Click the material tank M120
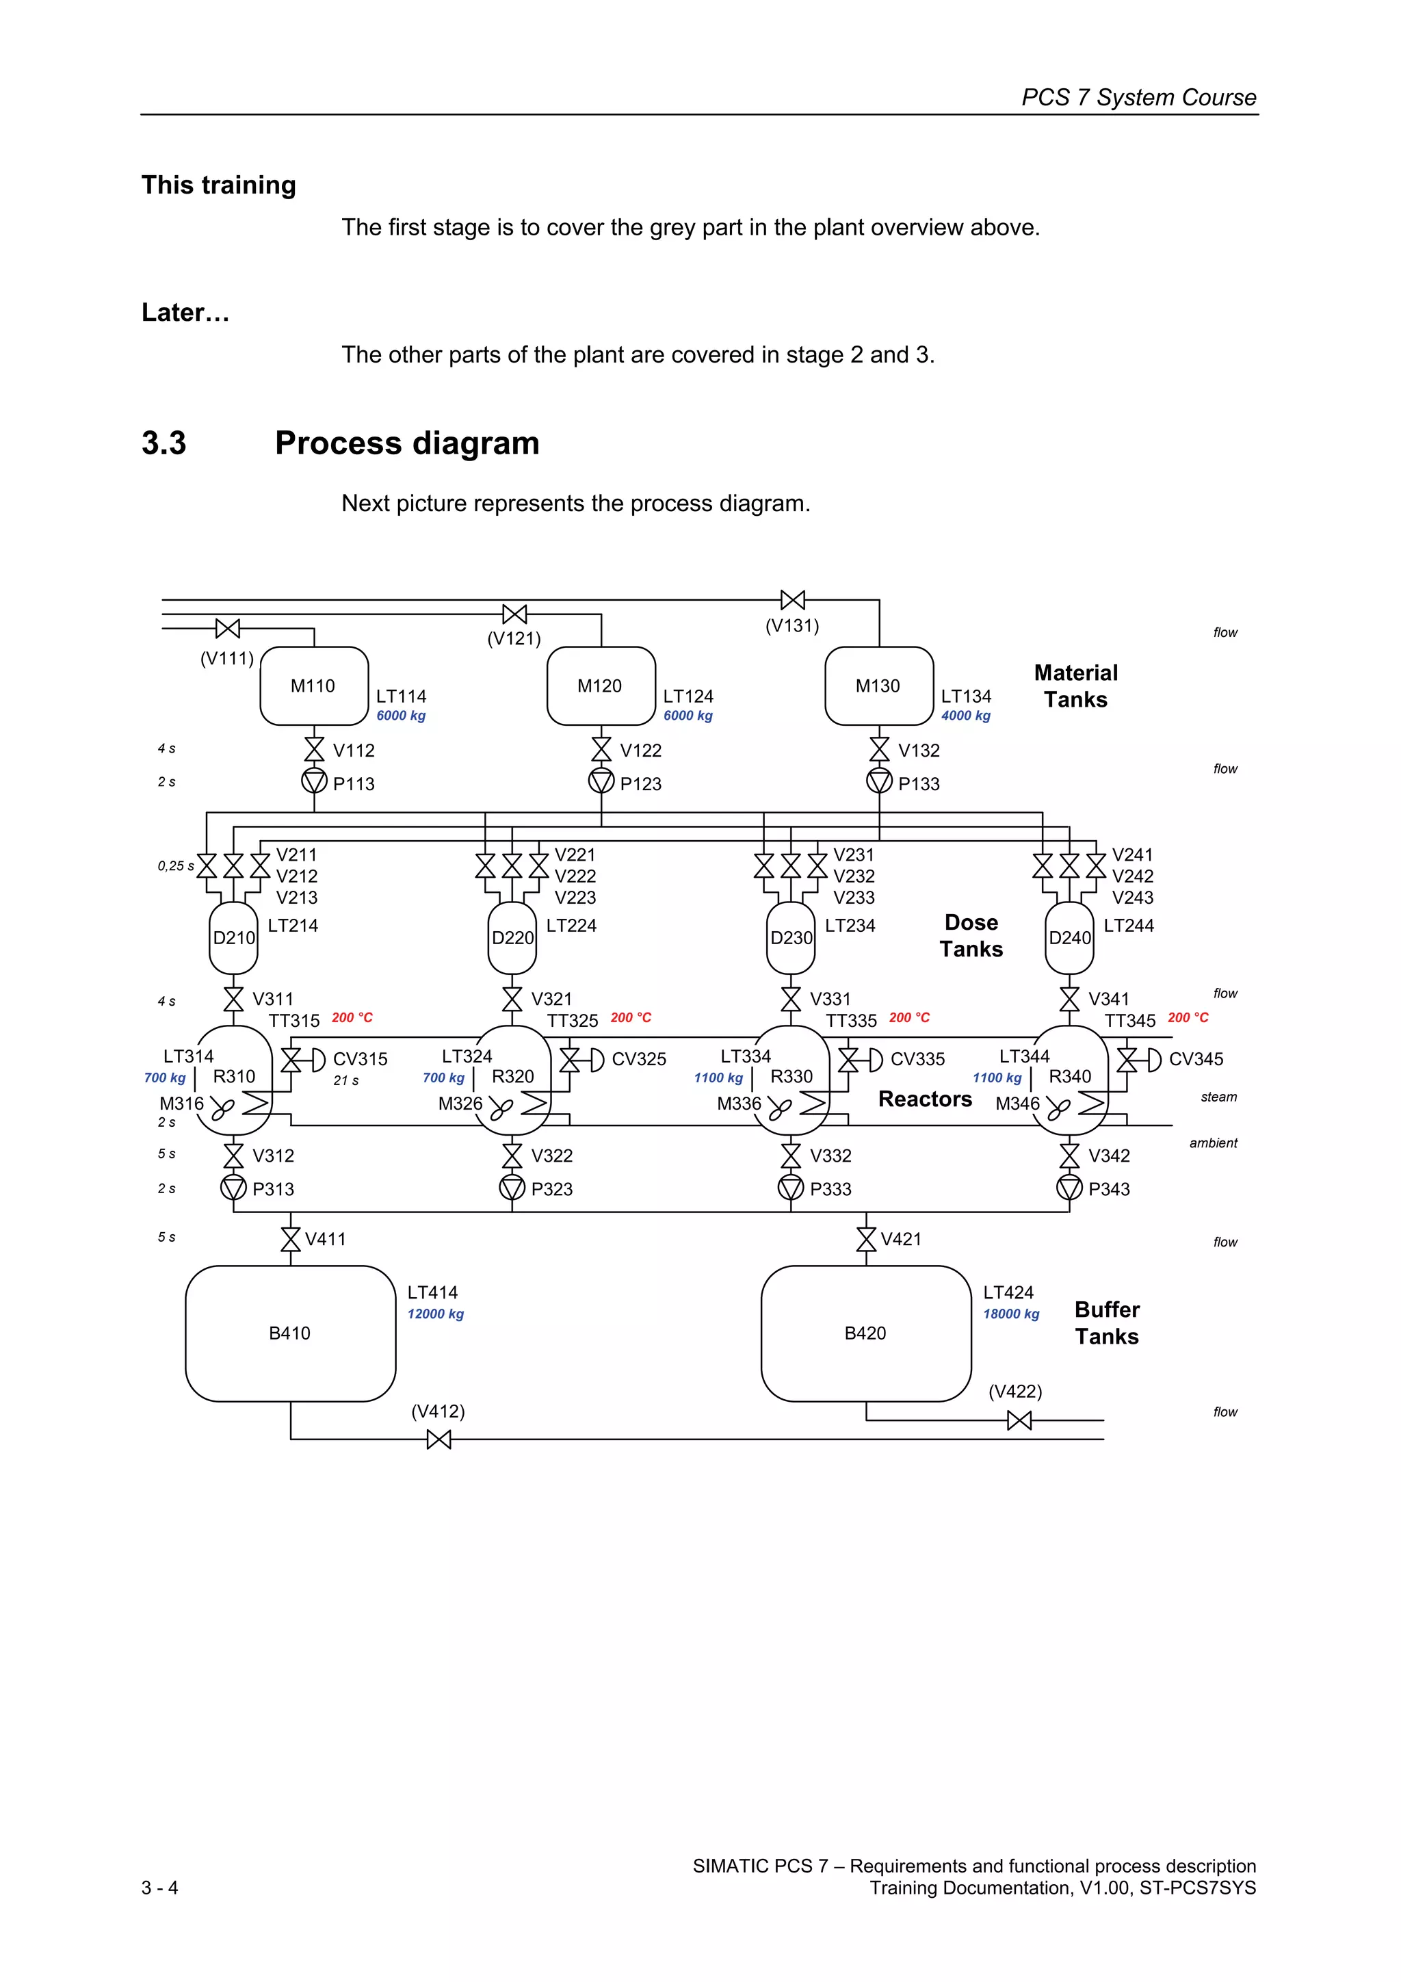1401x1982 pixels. coord(601,686)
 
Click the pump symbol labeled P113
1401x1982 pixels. coord(314,782)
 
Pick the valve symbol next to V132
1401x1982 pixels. coord(879,749)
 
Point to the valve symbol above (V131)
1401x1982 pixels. coord(792,600)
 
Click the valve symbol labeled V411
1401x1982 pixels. coord(291,1239)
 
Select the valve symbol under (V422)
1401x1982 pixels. coord(1019,1420)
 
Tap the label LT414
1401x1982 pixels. coord(432,1292)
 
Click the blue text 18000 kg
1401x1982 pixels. coord(1011,1314)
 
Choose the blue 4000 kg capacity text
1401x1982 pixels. coord(965,716)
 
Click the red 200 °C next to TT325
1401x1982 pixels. coord(630,1018)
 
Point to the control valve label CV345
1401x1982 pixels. coord(1196,1059)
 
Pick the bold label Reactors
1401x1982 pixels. coord(924,1099)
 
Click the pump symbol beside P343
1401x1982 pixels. coord(1069,1188)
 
